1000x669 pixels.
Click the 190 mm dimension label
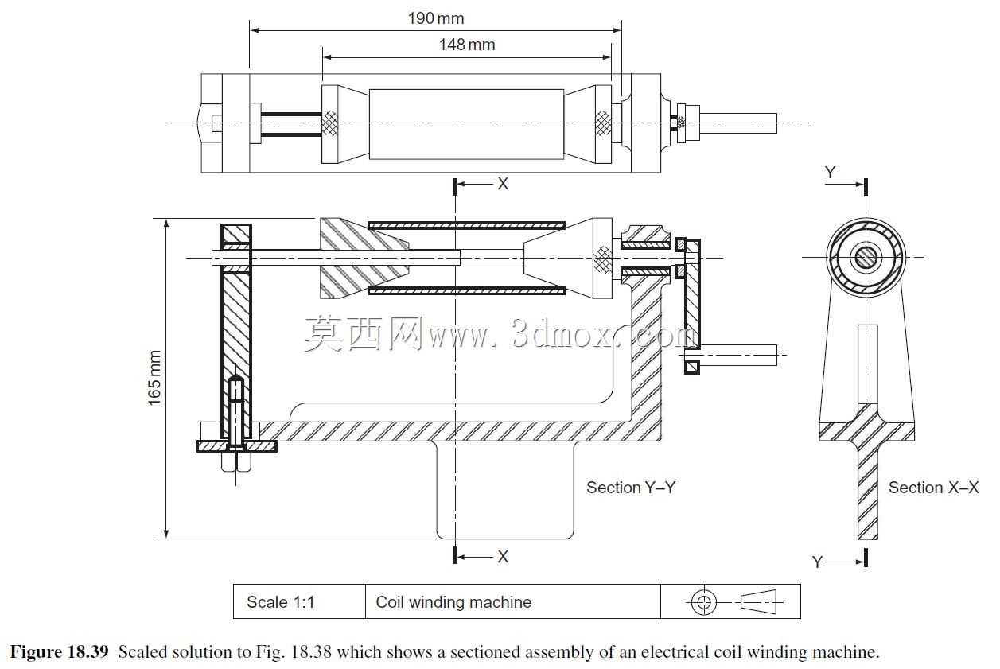[x=436, y=18]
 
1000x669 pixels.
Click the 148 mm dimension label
[x=467, y=45]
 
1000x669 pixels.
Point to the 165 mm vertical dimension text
[x=154, y=378]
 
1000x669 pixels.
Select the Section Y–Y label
[x=631, y=488]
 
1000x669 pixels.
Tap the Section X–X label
[x=933, y=488]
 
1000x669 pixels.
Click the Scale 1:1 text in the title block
[x=280, y=602]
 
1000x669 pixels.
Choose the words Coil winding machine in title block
[x=453, y=602]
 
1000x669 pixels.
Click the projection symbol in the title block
[x=734, y=602]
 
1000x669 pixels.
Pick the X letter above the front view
[x=503, y=184]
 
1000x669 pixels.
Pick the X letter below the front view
[x=503, y=557]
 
